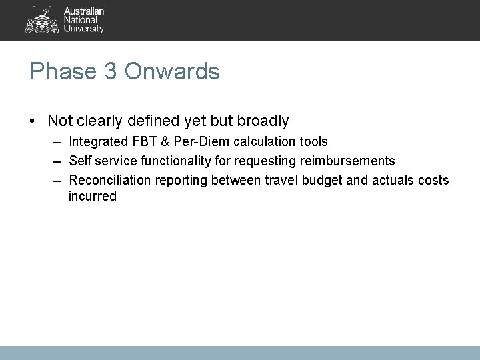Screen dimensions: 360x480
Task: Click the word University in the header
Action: pyautogui.click(x=84, y=29)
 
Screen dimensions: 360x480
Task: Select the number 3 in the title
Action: pyautogui.click(x=110, y=71)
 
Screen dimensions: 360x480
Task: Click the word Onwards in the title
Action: pyautogui.click(x=171, y=71)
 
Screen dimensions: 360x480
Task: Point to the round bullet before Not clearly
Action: pyautogui.click(x=33, y=121)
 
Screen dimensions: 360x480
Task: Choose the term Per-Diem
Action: pyautogui.click(x=197, y=142)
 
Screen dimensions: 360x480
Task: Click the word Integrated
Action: pyautogui.click(x=97, y=142)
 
